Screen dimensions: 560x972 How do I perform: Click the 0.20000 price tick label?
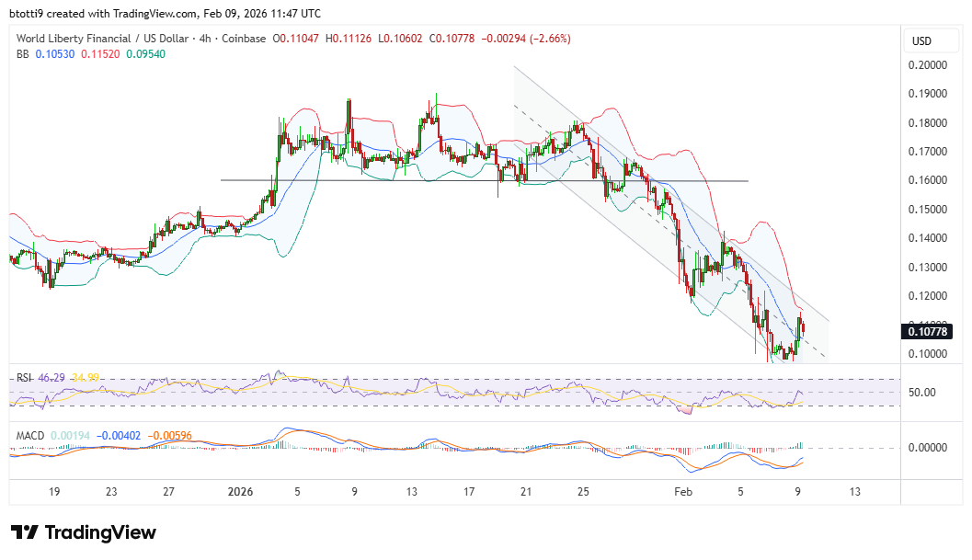(927, 65)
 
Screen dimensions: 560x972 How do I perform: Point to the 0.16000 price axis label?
(927, 180)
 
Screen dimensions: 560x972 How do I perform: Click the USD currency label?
(921, 41)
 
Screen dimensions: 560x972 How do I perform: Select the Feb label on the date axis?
(682, 492)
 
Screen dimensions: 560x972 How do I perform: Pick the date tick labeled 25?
(583, 492)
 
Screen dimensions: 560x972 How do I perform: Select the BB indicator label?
(23, 53)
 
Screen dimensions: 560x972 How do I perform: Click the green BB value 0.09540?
(161, 53)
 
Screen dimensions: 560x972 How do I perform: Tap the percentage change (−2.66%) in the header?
(546, 39)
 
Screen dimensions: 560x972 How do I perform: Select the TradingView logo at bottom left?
(84, 532)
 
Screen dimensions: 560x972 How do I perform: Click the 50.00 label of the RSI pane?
(922, 393)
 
